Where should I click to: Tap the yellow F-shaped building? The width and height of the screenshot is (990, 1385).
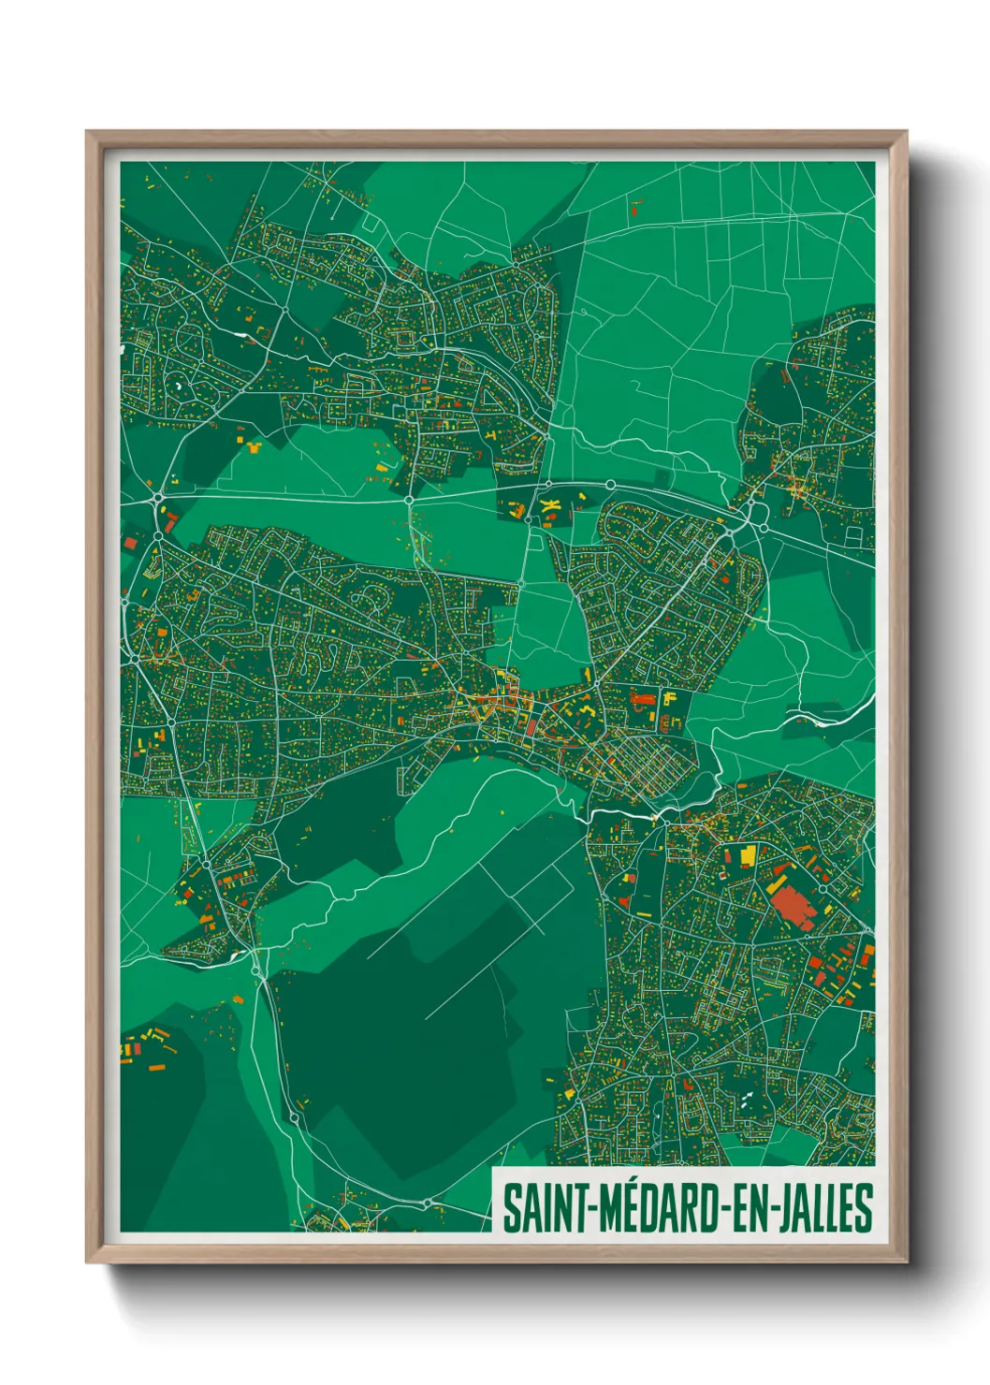pos(669,698)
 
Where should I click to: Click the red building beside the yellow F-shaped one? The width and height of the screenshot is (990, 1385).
pos(643,698)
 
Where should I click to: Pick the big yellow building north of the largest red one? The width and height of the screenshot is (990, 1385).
pos(748,855)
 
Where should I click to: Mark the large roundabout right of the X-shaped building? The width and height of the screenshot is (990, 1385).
pos(610,485)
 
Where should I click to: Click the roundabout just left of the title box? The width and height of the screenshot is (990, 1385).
pos(427,1203)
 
